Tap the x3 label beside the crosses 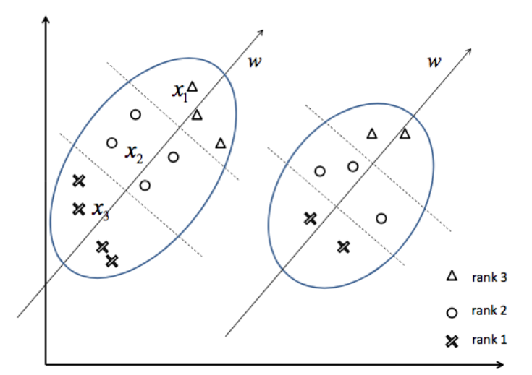(x=100, y=210)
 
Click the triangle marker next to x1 (x=193, y=86)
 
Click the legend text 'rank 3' (x=484, y=275)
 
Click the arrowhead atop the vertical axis (x=46, y=18)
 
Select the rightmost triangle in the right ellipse (x=405, y=134)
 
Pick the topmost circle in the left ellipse (x=135, y=114)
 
